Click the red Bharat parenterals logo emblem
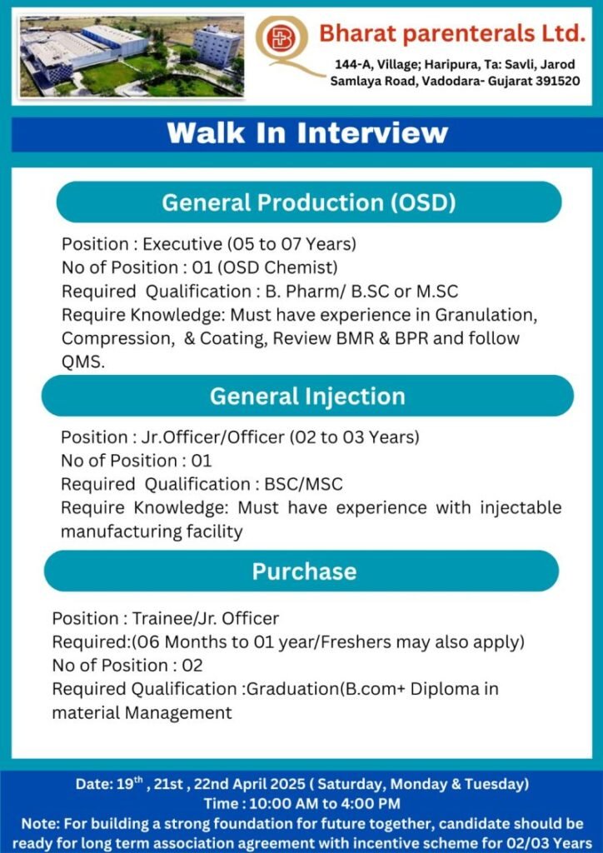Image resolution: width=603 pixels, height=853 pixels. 282,38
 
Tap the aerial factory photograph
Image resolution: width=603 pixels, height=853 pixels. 131,57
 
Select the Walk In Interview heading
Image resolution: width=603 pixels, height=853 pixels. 308,133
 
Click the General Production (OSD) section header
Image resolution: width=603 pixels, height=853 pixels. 309,202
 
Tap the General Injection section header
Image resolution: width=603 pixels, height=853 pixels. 308,396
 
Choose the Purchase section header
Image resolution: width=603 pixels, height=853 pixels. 301,571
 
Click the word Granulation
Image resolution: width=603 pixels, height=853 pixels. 486,315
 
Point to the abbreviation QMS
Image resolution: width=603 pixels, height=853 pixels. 82,362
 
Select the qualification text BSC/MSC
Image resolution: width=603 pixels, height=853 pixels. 303,484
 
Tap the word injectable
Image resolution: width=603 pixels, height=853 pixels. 521,507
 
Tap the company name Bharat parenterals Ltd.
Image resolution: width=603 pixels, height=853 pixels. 452,33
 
